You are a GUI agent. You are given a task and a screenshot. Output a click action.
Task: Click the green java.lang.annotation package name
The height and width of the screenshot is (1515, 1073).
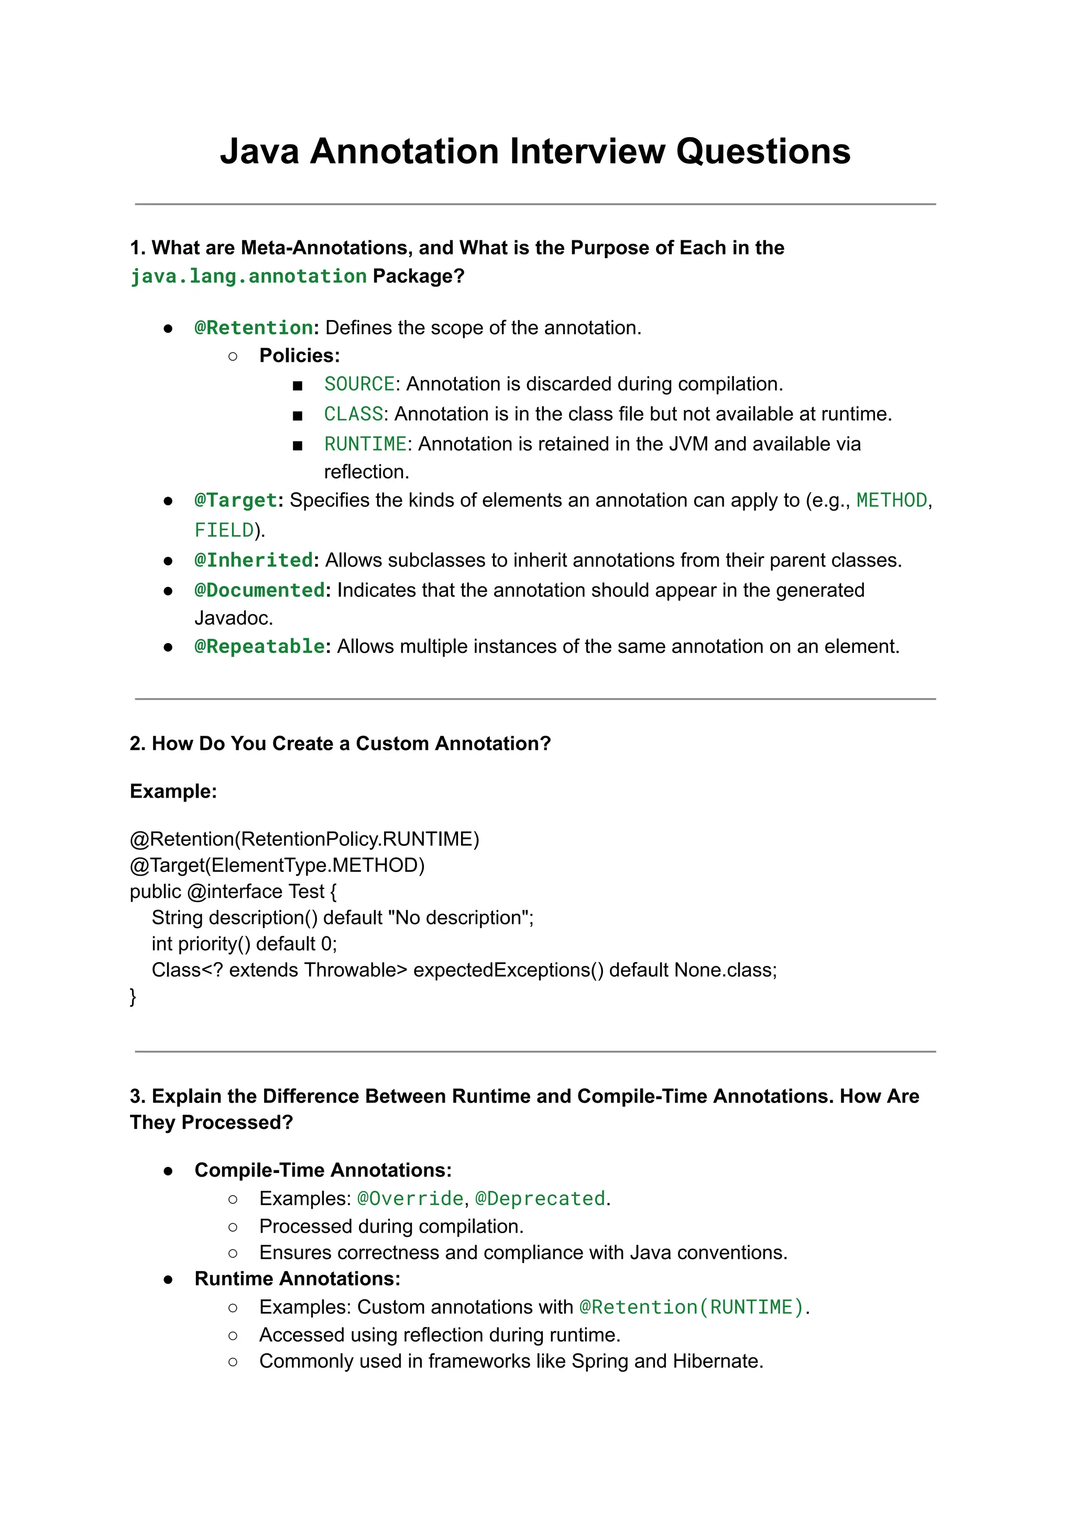[x=248, y=276]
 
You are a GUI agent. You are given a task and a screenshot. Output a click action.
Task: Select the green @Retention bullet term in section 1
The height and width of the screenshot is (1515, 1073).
[x=253, y=328]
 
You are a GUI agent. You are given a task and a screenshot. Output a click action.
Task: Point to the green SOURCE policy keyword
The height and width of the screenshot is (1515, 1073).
[x=359, y=384]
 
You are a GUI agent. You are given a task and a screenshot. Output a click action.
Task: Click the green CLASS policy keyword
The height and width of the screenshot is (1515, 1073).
[x=353, y=414]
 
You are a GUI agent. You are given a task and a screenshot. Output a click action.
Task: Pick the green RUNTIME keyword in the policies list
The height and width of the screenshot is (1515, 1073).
[x=365, y=444]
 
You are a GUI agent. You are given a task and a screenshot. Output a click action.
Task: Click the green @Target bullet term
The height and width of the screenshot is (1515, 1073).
[x=235, y=500]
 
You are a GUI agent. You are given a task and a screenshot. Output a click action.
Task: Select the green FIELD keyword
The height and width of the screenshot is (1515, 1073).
[x=224, y=530]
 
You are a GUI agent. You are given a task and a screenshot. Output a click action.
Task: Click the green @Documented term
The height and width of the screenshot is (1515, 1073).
[x=259, y=590]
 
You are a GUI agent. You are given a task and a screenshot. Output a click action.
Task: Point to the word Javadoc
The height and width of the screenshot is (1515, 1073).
[x=233, y=618]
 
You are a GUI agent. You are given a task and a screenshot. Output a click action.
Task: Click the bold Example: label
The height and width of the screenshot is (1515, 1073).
[x=173, y=791]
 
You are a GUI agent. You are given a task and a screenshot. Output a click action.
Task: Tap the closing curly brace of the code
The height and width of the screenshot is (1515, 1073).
[x=133, y=996]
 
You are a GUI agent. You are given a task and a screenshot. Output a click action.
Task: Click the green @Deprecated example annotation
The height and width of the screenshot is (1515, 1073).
[x=540, y=1198]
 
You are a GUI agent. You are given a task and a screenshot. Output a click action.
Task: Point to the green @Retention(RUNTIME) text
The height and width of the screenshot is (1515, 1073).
[x=691, y=1307]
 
